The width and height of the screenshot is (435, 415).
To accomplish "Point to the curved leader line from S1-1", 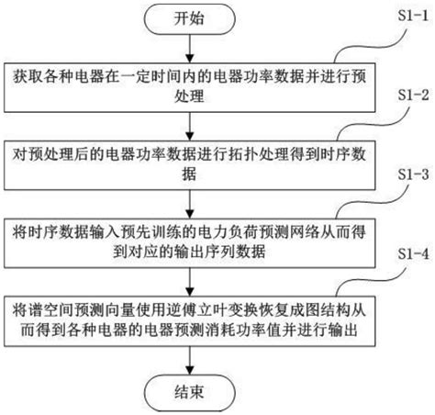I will point(367,41).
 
